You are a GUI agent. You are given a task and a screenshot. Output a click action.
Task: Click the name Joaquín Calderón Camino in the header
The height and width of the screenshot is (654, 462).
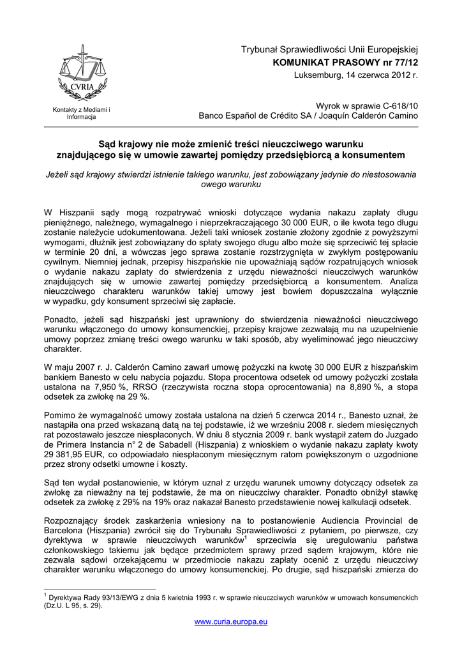pyautogui.click(x=366, y=116)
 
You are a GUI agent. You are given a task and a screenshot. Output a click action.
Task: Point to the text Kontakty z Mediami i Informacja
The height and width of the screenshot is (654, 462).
pyautogui.click(x=82, y=114)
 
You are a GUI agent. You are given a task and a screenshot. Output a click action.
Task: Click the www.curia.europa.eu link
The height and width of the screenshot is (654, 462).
pyautogui.click(x=231, y=621)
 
